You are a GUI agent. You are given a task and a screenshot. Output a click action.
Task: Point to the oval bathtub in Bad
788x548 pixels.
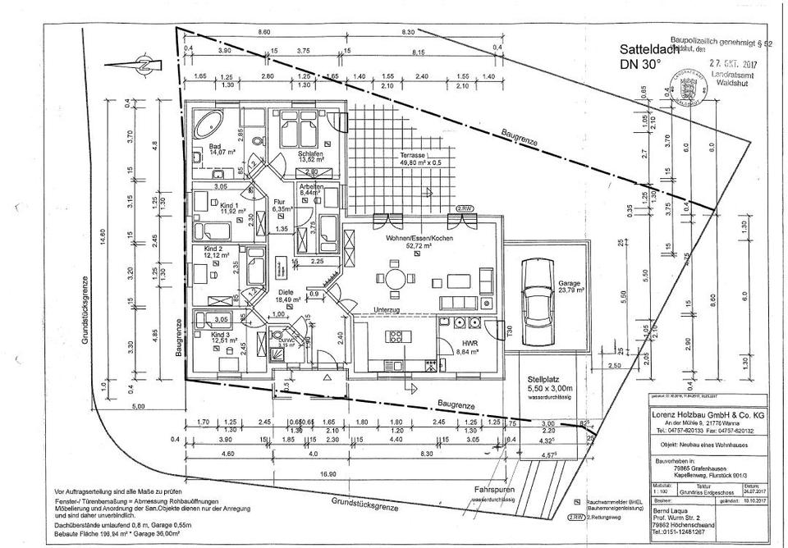pos(208,123)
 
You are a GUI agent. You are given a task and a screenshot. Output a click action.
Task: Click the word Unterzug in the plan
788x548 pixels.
pos(386,309)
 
